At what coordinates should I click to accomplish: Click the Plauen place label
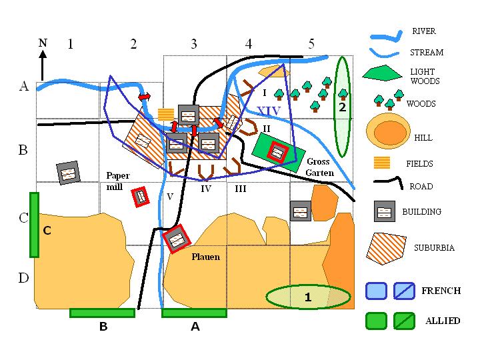tap(206, 256)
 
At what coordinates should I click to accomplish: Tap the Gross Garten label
tap(318, 167)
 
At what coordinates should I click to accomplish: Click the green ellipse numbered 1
tap(308, 297)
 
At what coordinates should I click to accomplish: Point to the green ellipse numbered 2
tap(342, 107)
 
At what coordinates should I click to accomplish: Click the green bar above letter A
tap(195, 312)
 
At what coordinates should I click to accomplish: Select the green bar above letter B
tap(103, 312)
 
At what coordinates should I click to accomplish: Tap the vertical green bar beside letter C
tap(34, 225)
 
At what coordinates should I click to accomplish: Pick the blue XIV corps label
tap(269, 110)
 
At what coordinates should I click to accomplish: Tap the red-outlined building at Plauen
tap(177, 239)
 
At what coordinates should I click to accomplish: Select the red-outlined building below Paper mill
tap(140, 197)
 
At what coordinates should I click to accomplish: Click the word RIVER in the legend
tap(424, 31)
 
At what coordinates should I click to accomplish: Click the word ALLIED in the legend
tap(443, 321)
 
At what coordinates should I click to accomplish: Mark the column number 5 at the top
tap(311, 45)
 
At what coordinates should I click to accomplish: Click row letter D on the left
tap(23, 277)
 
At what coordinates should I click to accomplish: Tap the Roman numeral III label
tap(240, 189)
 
